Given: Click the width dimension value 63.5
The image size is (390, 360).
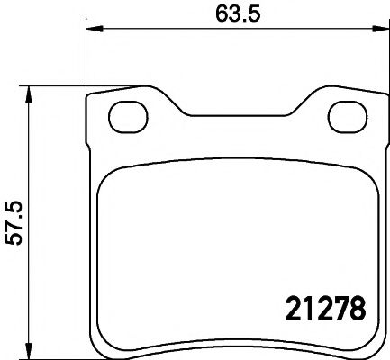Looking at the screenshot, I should [x=237, y=13].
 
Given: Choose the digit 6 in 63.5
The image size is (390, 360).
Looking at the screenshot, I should [x=221, y=13].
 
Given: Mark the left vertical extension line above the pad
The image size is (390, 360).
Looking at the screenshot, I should [x=86, y=63].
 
